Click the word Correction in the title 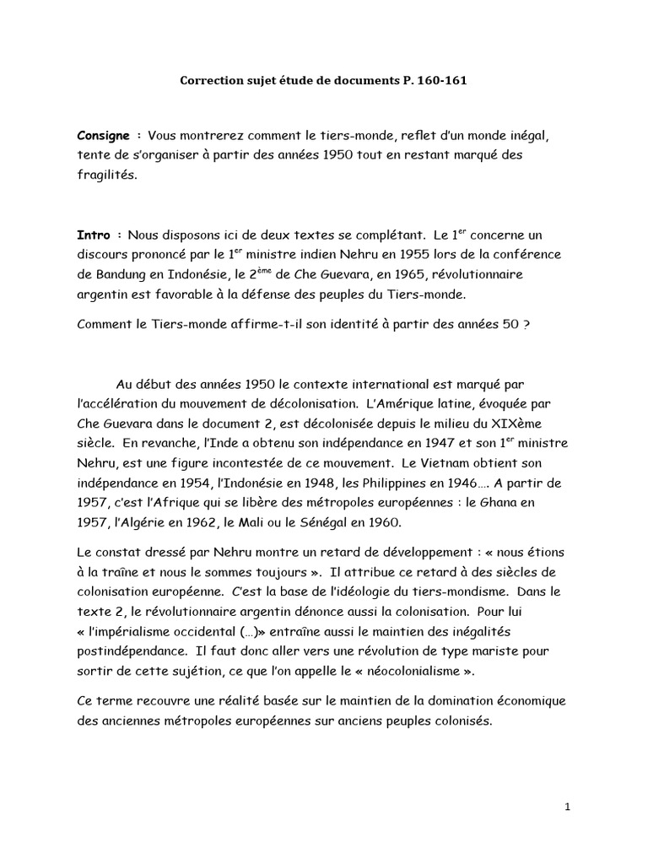(x=211, y=82)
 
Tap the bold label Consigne (x=105, y=135)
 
